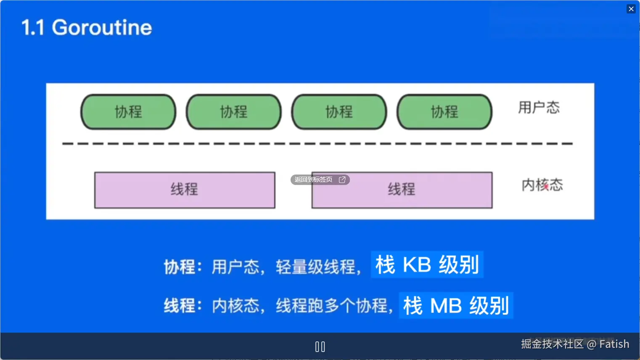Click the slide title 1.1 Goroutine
[87, 28]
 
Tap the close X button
[631, 9]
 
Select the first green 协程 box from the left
[128, 112]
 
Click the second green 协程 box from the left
[234, 112]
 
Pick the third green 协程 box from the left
[339, 112]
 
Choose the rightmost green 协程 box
[444, 112]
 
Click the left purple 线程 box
[185, 190]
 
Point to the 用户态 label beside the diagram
[539, 108]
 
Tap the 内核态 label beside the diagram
[542, 185]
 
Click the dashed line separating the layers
[317, 144]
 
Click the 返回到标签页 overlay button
[320, 180]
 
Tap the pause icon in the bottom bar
[320, 347]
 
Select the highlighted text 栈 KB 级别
[427, 265]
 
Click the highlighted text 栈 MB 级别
[456, 306]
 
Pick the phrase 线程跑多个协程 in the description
[332, 306]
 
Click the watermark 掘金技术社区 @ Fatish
[575, 344]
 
